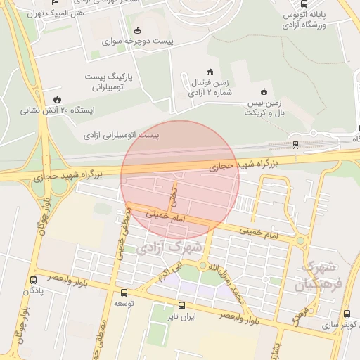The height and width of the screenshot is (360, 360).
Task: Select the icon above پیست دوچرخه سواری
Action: coord(137,30)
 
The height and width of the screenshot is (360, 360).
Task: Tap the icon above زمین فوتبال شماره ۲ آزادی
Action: coord(210,71)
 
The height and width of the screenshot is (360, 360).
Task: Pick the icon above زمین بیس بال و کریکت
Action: coord(264,91)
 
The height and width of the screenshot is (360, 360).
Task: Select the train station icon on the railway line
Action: coord(295,145)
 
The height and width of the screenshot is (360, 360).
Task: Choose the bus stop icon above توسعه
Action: coord(124,292)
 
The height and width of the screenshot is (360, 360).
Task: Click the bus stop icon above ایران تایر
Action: coord(182,305)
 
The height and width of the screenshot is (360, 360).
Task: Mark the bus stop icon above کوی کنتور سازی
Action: coord(347,314)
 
